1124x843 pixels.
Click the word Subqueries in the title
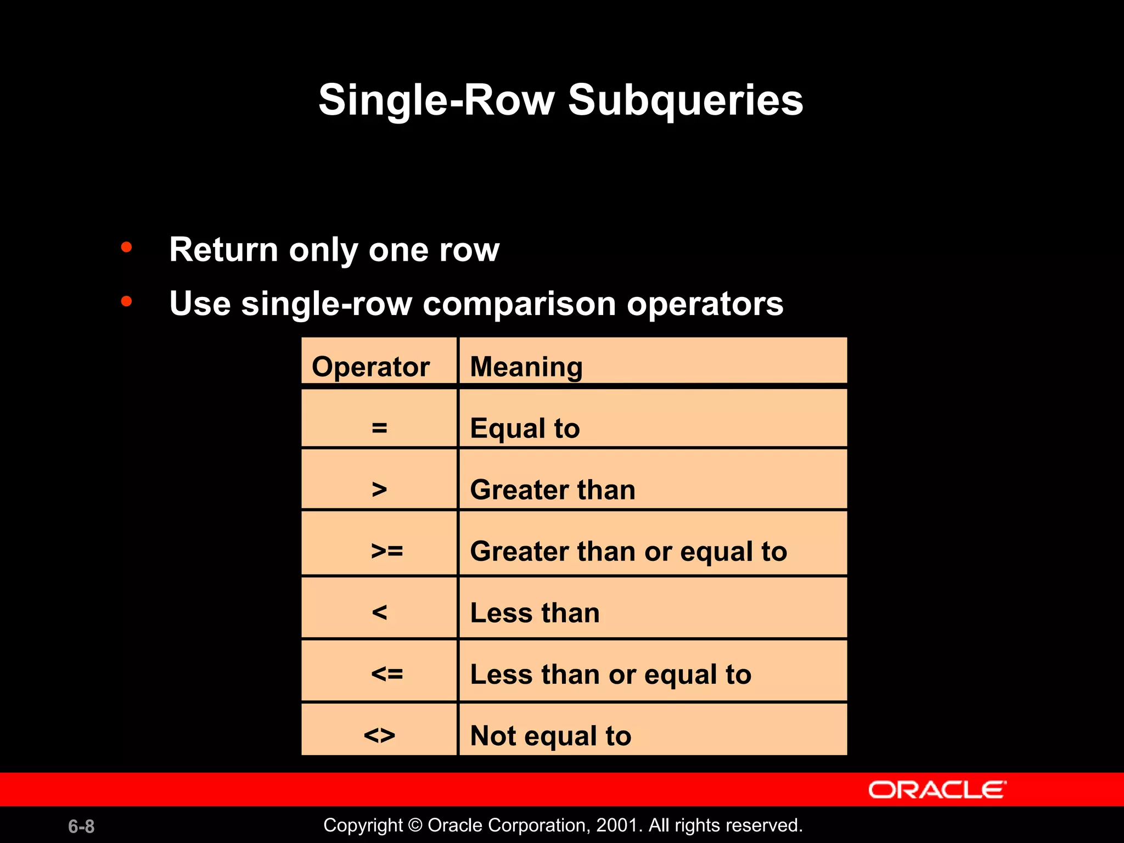click(x=685, y=100)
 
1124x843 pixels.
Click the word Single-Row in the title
click(x=436, y=100)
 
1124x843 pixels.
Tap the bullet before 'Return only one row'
click(x=127, y=248)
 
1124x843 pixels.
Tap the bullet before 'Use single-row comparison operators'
click(x=127, y=301)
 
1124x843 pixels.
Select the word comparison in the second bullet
click(x=519, y=305)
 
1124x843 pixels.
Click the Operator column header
click(x=370, y=367)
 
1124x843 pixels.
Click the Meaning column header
click(x=526, y=367)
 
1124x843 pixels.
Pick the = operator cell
click(x=379, y=428)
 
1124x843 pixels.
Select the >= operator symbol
click(x=387, y=550)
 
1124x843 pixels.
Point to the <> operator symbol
click(x=379, y=735)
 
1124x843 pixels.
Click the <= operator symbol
click(x=387, y=673)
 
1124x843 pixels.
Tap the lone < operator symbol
click(x=379, y=612)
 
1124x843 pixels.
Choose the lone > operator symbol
click(x=379, y=489)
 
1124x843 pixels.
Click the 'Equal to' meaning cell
click(x=525, y=428)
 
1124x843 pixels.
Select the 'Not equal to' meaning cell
click(x=550, y=735)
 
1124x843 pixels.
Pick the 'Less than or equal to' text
click(x=610, y=674)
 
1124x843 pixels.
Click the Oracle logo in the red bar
click(x=937, y=790)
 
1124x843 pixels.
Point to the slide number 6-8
click(x=81, y=826)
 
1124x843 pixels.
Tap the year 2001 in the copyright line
click(x=616, y=825)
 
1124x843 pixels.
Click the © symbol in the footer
click(x=415, y=825)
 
